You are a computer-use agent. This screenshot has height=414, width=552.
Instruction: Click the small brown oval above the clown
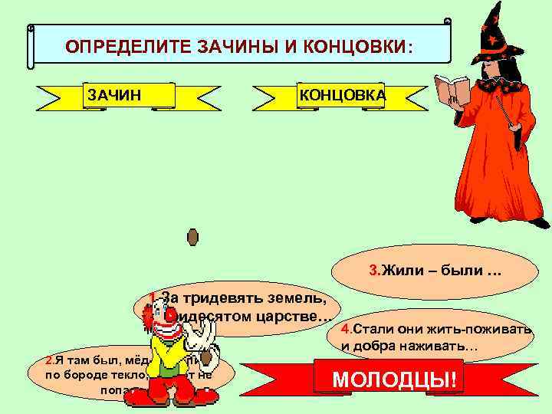coord(192,237)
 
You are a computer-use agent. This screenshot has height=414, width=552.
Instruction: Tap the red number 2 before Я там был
coord(49,360)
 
